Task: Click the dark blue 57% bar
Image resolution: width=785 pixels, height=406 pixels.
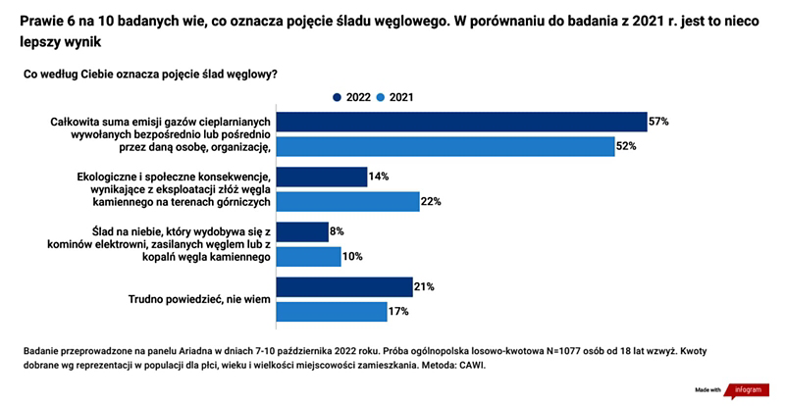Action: coord(461,122)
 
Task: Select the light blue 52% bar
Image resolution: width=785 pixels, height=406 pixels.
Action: coord(445,146)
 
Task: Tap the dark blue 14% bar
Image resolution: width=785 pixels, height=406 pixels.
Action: coord(322,177)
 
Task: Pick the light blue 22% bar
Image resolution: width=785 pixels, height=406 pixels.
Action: coord(348,201)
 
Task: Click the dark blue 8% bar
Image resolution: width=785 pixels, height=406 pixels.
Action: coord(302,231)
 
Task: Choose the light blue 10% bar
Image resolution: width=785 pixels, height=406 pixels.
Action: coord(308,256)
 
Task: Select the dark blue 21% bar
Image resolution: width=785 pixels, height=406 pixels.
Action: coord(344,287)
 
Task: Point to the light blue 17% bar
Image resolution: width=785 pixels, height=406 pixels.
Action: coord(332,312)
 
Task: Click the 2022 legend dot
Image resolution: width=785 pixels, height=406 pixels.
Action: coord(338,97)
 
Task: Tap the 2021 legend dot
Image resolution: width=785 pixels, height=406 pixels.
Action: coord(381,97)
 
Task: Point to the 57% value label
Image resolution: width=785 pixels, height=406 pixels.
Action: coord(658,122)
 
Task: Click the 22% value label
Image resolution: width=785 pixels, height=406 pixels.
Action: coord(431,201)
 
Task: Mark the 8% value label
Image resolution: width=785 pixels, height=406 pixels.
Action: coord(337,231)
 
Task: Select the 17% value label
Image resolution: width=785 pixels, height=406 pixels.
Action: coord(398,312)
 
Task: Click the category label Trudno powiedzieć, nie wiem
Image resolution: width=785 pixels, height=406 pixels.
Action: coord(199,299)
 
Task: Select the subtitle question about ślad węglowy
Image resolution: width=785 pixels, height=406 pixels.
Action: coord(151,75)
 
